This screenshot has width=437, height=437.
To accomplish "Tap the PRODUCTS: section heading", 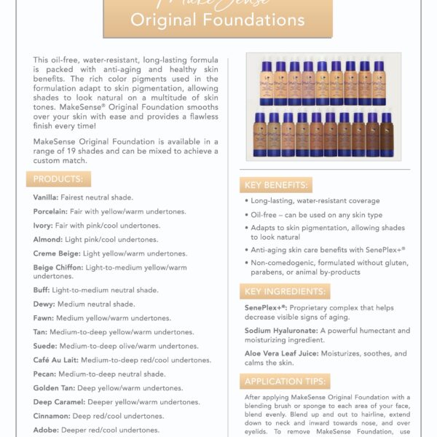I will tap(59, 180).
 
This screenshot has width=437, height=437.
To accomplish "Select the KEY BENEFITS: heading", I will tap(277, 185).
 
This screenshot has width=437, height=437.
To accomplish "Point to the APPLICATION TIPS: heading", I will tap(284, 381).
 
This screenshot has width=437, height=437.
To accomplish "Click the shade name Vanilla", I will tap(47, 197).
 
